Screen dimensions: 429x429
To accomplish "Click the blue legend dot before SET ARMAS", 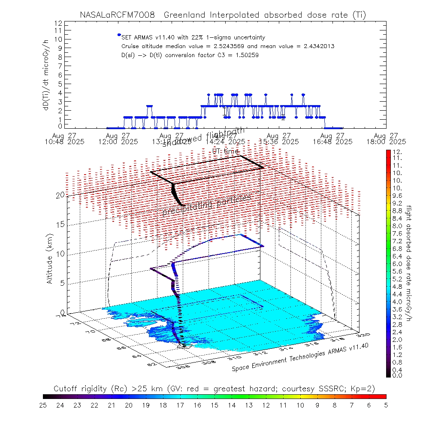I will [119, 35].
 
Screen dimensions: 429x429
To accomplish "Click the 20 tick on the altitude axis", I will [60, 195].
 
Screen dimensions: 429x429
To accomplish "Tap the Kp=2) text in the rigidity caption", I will [364, 389].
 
